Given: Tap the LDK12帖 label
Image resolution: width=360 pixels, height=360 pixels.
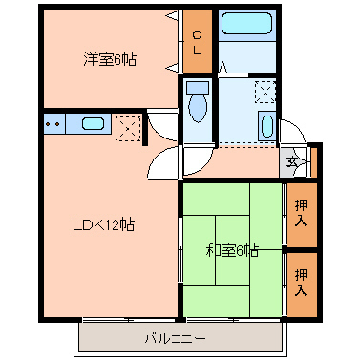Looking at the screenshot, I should click(104, 225).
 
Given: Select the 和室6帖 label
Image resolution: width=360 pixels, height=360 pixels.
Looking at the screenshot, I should click(232, 251).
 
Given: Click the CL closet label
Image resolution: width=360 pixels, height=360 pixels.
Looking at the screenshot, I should click(198, 42).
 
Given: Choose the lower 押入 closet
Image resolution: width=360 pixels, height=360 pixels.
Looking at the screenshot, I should click(301, 282).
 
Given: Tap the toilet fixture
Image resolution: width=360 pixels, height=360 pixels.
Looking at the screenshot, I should click(198, 104).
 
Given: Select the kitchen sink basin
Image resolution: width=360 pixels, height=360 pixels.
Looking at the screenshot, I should click(93, 123).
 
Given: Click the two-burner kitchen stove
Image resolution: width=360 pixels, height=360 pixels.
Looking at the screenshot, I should click(53, 123).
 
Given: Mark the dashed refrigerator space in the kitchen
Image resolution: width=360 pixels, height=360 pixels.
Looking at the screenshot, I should click(127, 128).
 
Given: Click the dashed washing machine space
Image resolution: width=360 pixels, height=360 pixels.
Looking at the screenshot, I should click(265, 93).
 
